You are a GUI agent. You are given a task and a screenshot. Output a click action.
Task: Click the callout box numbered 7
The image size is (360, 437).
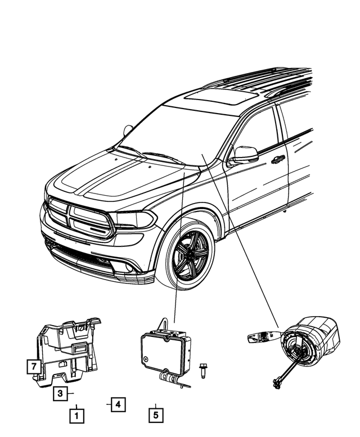(34, 367)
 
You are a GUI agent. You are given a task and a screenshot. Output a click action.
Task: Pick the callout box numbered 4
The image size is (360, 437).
(117, 404)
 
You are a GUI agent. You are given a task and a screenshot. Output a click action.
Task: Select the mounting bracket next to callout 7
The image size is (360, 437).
(67, 349)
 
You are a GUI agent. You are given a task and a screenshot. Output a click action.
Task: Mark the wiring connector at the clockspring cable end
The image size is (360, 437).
(277, 384)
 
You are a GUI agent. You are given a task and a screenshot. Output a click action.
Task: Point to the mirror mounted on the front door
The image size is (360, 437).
(245, 154)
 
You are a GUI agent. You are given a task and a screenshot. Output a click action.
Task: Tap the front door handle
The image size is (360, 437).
(277, 160)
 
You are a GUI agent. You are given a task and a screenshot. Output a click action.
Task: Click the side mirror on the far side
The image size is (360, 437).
(128, 131)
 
